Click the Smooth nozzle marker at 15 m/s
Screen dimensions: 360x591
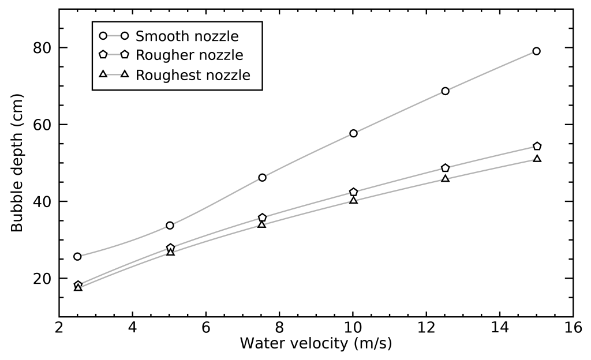(536, 51)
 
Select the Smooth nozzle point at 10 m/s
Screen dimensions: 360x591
(353, 133)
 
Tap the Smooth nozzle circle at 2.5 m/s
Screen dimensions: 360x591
(77, 256)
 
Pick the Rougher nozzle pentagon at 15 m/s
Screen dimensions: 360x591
(537, 147)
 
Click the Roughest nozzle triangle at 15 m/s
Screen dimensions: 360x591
(537, 159)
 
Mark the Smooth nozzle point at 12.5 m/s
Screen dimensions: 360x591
(445, 91)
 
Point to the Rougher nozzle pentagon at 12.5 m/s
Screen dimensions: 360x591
(445, 168)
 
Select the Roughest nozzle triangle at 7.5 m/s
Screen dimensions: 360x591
(261, 224)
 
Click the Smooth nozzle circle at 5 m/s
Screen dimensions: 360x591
(170, 225)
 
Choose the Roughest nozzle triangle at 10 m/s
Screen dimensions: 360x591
(353, 200)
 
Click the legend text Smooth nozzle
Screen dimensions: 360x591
(186, 36)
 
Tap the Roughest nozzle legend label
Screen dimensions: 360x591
(193, 75)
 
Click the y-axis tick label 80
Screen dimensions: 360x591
(43, 48)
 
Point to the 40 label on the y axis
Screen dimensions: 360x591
(43, 202)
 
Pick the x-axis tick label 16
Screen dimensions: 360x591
(573, 327)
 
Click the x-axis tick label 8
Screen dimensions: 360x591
(279, 327)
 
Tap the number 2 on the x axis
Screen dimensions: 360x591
(59, 327)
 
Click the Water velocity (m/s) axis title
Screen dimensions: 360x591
(316, 344)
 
